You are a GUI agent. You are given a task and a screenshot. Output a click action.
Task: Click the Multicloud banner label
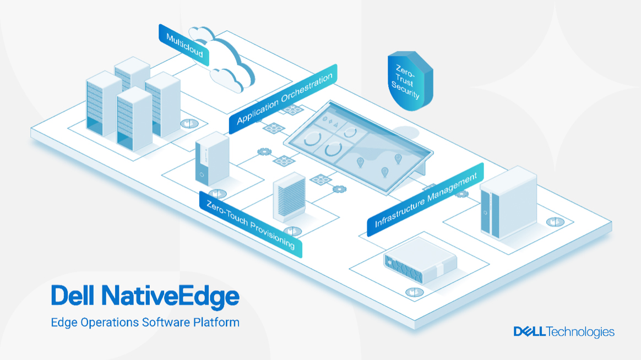(x=184, y=45)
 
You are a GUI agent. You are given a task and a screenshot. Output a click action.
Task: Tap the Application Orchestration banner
(x=283, y=99)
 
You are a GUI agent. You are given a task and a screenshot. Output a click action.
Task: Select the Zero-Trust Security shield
(x=410, y=80)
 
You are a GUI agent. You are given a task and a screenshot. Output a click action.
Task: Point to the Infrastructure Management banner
(x=426, y=200)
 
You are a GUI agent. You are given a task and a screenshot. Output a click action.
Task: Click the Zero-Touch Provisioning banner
(x=251, y=225)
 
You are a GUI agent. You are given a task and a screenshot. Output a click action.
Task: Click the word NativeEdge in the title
(x=171, y=296)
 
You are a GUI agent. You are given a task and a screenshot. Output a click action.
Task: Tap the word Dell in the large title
(x=73, y=295)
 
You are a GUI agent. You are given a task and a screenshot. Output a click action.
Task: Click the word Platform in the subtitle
(x=216, y=323)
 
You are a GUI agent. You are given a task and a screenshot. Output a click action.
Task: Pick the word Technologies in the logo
(x=580, y=332)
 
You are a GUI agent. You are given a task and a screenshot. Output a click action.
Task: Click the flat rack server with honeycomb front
(x=420, y=261)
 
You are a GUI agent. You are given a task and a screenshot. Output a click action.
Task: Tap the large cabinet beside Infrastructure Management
(x=508, y=203)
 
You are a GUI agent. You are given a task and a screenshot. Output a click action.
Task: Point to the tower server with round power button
(x=212, y=159)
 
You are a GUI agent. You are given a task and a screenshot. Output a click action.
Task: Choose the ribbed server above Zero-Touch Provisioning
(x=290, y=198)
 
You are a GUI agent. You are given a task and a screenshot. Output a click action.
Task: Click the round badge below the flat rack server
(x=415, y=292)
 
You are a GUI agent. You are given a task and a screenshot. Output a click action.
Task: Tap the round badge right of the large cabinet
(x=555, y=222)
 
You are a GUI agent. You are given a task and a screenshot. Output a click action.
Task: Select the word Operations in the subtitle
(x=110, y=323)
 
